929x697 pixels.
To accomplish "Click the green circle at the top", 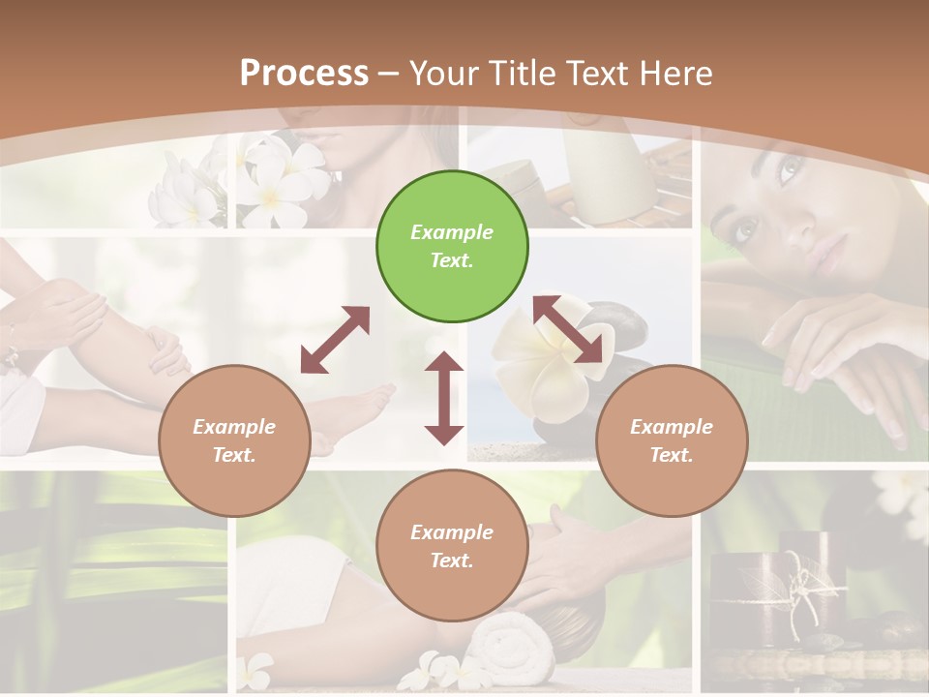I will point(452,247).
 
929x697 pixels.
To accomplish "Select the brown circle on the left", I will point(234,441).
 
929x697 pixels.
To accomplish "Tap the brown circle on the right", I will point(672,441).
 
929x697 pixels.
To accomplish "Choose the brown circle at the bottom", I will point(452,545).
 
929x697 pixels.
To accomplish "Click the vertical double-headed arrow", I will point(444,398).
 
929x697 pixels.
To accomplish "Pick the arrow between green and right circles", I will point(573,330).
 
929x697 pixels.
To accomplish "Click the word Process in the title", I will point(304,73).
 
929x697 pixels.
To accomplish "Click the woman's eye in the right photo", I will point(747,230).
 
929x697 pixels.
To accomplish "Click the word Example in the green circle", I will point(452,232).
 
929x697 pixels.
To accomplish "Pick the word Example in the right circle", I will point(672,427).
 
